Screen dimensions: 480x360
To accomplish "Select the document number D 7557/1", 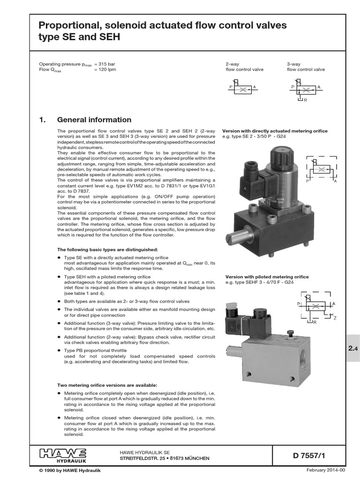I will pos(305,455).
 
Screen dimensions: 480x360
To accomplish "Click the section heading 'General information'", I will pos(94,120).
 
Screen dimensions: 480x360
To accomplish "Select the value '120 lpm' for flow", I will pos(105,69).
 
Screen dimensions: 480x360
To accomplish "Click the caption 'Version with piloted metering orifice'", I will pos(267,277).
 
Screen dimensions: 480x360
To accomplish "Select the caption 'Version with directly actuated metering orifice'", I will pos(275,131).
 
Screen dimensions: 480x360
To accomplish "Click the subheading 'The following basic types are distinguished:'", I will pos(107,249).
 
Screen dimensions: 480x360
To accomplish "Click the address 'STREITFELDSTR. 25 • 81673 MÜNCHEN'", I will pos(164,458).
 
